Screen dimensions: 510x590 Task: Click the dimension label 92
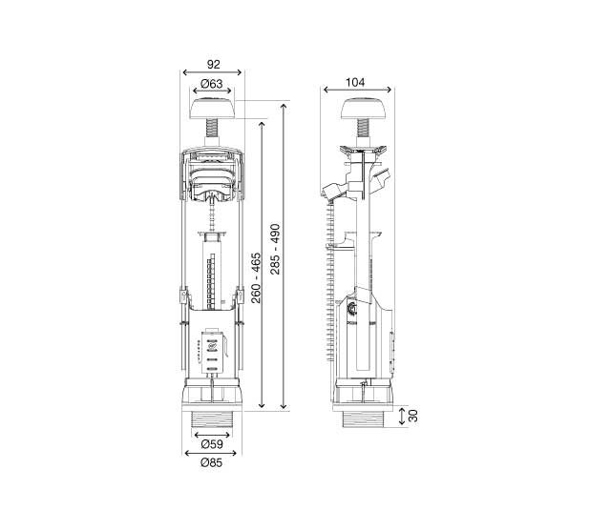pyautogui.click(x=213, y=66)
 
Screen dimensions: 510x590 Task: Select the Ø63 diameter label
pyautogui.click(x=213, y=86)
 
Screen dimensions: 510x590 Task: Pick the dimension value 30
pyautogui.click(x=412, y=416)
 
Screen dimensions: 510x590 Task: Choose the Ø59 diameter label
pyautogui.click(x=213, y=442)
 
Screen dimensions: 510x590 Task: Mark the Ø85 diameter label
pyautogui.click(x=213, y=464)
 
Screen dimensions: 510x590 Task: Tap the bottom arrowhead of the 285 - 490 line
pyautogui.click(x=284, y=408)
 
